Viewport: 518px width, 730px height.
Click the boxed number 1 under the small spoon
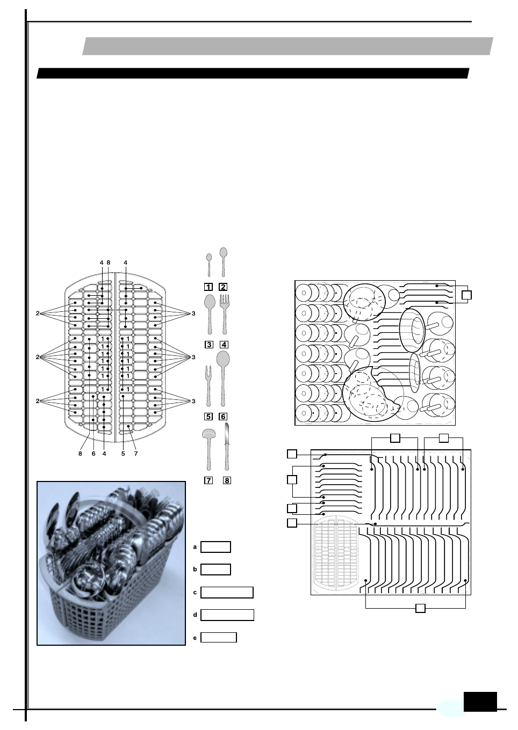click(208, 287)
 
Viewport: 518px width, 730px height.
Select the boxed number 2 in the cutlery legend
click(223, 287)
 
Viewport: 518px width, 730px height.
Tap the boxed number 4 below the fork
click(224, 345)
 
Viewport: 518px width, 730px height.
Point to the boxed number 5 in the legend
click(208, 416)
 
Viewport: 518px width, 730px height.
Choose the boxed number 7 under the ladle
click(208, 480)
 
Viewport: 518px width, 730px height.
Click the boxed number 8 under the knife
click(227, 480)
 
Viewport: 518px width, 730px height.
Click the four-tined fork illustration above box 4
click(225, 313)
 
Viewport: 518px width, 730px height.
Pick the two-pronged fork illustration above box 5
click(208, 384)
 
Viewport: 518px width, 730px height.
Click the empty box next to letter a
click(215, 547)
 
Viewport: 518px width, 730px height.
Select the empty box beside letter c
click(227, 593)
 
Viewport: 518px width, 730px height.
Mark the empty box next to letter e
click(218, 638)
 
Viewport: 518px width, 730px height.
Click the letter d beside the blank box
click(195, 615)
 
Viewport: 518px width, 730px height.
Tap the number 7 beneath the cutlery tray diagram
click(136, 454)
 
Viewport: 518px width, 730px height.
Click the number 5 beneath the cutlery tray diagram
click(123, 454)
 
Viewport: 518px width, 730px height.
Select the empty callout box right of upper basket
click(466, 295)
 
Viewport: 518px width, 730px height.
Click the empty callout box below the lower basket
click(421, 608)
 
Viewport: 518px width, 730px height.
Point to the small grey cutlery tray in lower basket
click(336, 553)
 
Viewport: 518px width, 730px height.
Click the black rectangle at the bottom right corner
click(480, 702)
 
